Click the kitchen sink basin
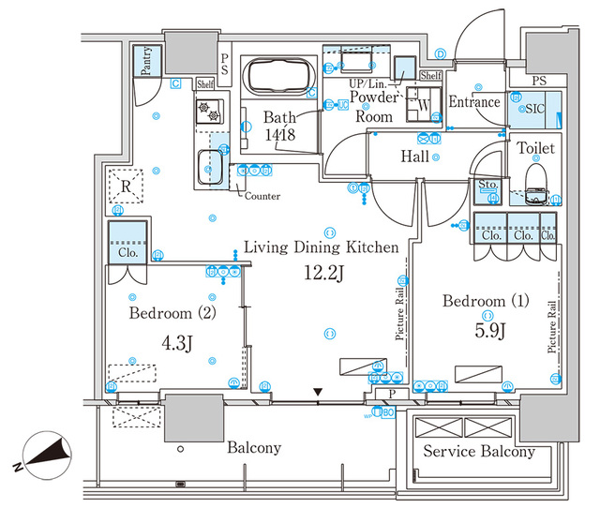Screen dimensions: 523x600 point(211,167)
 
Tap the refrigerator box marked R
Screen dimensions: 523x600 point(125,184)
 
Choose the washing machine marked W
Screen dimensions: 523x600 point(423,106)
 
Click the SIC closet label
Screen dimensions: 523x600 point(534,109)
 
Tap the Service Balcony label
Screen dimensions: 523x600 point(478,452)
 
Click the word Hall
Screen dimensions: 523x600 point(415,157)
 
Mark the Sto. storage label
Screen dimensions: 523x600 point(487,184)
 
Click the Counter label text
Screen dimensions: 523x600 point(262,196)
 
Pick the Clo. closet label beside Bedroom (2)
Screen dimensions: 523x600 point(127,252)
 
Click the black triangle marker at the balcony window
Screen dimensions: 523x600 point(320,392)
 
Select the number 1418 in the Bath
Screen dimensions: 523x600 point(279,134)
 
